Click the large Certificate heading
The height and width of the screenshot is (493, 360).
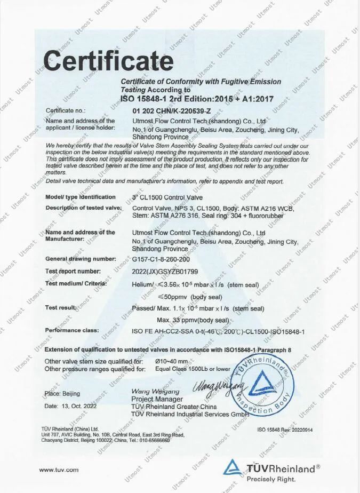pyautogui.click(x=108, y=61)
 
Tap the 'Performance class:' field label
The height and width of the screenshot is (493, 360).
pyautogui.click(x=72, y=331)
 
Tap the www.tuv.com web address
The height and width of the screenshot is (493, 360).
pyautogui.click(x=59, y=470)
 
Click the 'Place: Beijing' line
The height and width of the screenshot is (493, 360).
pyautogui.click(x=62, y=394)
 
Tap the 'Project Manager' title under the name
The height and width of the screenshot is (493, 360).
pyautogui.click(x=157, y=399)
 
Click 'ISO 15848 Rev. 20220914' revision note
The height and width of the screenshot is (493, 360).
pyautogui.click(x=285, y=430)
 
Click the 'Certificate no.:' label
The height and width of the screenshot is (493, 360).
pyautogui.click(x=66, y=110)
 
